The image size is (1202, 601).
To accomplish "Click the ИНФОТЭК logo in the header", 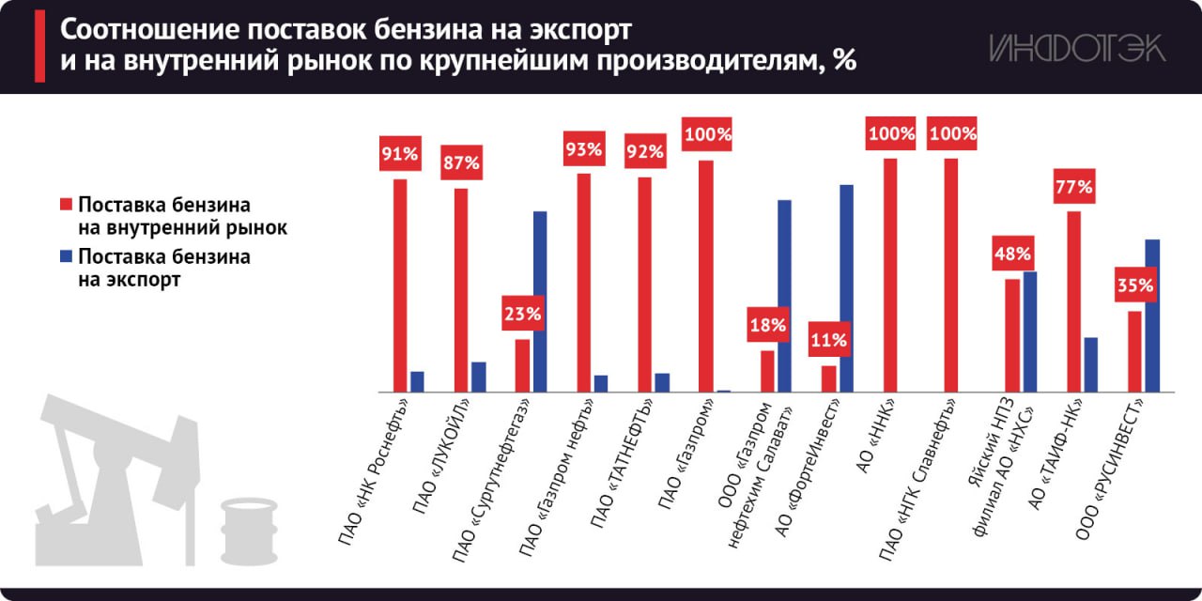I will pyautogui.click(x=1077, y=48).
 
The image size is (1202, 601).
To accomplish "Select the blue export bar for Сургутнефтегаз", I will pyautogui.click(x=540, y=300).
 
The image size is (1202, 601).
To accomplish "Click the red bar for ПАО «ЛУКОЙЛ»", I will pyautogui.click(x=461, y=289).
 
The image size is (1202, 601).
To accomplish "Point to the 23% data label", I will pyautogui.click(x=522, y=315).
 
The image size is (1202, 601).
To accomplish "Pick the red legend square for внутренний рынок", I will pyautogui.click(x=66, y=205).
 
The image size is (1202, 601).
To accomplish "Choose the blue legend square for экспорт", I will pyautogui.click(x=66, y=256).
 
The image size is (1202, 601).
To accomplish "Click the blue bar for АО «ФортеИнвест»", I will pyautogui.click(x=846, y=287).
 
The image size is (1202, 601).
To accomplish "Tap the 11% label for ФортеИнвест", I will pyautogui.click(x=828, y=341).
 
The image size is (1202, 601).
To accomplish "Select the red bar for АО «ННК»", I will pyautogui.click(x=890, y=274).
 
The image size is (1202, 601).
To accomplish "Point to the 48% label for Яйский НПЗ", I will pyautogui.click(x=1012, y=254).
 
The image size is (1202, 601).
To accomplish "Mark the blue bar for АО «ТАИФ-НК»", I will pyautogui.click(x=1090, y=363).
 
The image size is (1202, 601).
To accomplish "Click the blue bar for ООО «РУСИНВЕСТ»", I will pyautogui.click(x=1152, y=316).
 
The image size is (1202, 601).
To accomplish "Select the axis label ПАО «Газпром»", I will pyautogui.click(x=690, y=441).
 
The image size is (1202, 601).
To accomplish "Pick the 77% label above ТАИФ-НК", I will pyautogui.click(x=1073, y=187).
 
